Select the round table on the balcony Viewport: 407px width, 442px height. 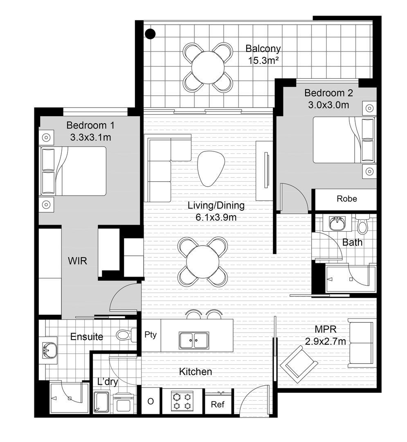208,67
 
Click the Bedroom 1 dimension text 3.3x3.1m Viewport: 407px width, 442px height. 90,137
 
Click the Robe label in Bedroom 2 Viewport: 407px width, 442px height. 346,199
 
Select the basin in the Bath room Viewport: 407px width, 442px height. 337,224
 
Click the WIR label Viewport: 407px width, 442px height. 78,260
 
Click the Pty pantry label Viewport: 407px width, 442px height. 151,335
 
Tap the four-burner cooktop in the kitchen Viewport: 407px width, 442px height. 182,401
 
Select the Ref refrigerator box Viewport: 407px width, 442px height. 217,404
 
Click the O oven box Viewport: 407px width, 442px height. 151,402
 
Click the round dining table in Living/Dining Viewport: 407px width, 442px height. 203,262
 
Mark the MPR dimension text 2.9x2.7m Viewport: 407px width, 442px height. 325,341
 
